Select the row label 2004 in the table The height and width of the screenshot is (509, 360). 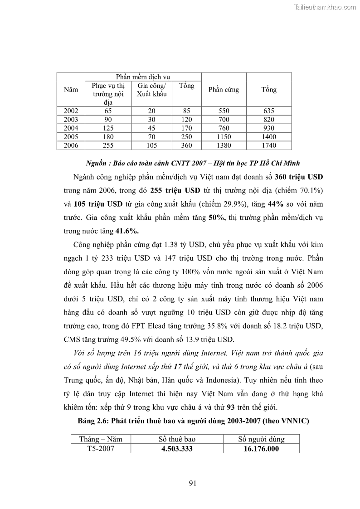pos(71,128)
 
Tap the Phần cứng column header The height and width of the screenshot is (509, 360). pos(224,90)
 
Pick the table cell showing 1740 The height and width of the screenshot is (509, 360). pos(268,145)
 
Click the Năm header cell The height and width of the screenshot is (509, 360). pos(71,90)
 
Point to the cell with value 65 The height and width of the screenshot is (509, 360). pos(108,111)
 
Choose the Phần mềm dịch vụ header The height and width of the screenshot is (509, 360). pos(143,77)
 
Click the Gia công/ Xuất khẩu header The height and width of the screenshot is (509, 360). pos(151,90)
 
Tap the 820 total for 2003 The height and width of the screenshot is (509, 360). pos(268,120)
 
